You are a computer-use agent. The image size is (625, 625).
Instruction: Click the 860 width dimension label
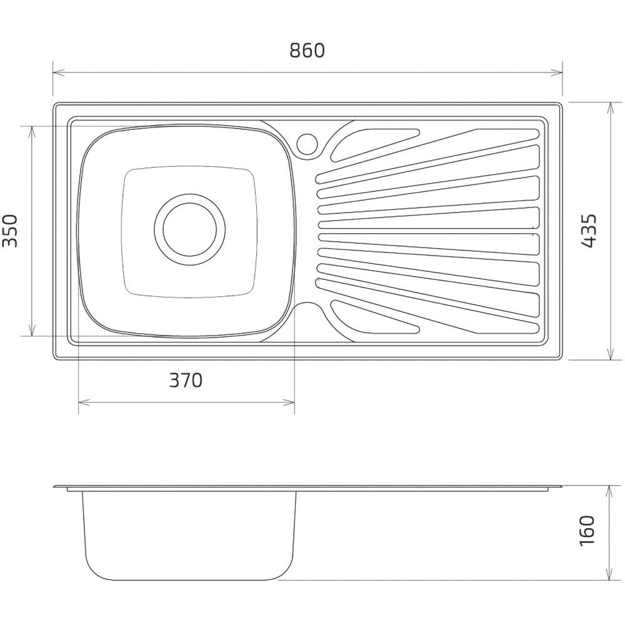coord(307,51)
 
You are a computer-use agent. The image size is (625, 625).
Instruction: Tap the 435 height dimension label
coord(588,231)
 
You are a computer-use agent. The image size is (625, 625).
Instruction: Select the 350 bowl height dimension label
coord(10,231)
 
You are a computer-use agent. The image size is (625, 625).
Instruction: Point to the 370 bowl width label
coord(186,380)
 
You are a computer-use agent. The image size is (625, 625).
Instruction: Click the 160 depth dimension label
coord(588,531)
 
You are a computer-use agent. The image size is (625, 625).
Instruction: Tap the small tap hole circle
coord(307,144)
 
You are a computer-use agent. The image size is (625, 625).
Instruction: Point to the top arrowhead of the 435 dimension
coord(610,108)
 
